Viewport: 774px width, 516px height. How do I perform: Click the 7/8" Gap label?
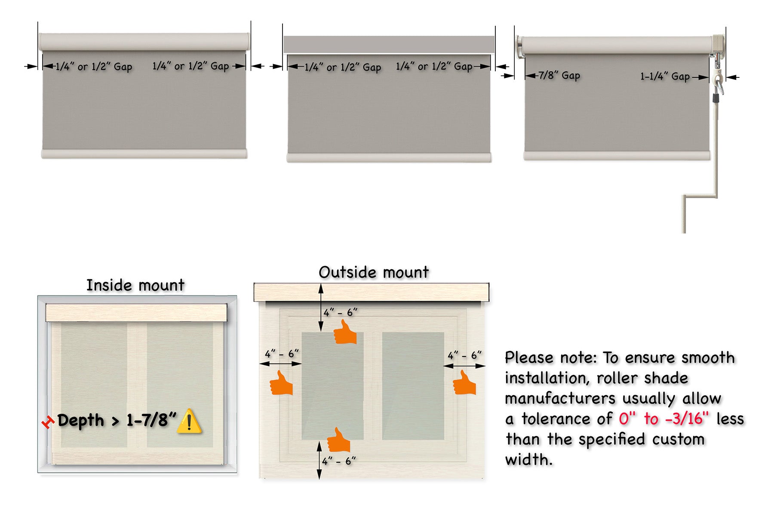tap(559, 76)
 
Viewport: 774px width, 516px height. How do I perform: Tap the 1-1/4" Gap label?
tap(665, 77)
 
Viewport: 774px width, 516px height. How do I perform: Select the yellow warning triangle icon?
tap(189, 421)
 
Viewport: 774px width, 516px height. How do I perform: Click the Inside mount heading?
tap(135, 285)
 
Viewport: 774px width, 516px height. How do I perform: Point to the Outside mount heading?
tap(374, 272)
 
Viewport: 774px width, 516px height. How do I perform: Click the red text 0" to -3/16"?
tap(664, 418)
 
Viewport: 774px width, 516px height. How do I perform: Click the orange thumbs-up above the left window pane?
tap(345, 332)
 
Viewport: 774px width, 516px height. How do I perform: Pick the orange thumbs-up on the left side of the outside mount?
tap(281, 383)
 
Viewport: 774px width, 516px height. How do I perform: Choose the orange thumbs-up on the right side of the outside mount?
tap(464, 383)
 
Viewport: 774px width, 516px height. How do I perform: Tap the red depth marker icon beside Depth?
tap(48, 422)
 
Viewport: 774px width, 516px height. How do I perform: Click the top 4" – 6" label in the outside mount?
tap(340, 313)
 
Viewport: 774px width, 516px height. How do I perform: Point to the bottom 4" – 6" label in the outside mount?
tap(339, 461)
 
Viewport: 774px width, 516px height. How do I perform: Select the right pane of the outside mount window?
tap(413, 386)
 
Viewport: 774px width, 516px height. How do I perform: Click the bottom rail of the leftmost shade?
tap(144, 154)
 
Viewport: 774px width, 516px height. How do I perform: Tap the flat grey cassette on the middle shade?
tap(389, 44)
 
